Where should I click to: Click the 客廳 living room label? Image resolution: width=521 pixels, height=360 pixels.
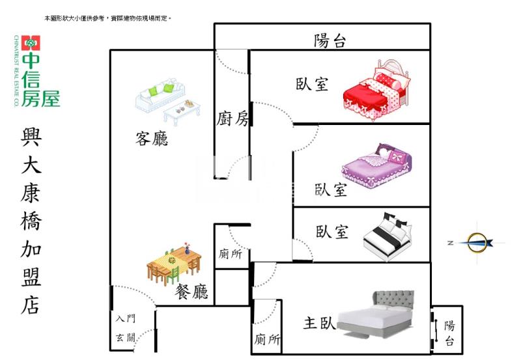(152, 138)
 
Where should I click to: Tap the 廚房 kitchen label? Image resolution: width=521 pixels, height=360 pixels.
(232, 118)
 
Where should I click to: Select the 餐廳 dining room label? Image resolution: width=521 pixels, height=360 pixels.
(191, 292)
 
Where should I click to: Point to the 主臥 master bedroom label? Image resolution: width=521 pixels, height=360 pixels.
(319, 323)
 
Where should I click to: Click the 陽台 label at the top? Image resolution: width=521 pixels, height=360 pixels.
(330, 41)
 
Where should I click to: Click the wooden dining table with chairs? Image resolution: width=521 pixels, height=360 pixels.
(173, 264)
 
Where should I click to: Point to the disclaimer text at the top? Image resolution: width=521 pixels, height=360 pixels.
(107, 19)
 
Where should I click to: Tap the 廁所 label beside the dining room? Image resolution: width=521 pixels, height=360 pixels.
(231, 254)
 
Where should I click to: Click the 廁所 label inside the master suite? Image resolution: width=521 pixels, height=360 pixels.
(267, 339)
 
